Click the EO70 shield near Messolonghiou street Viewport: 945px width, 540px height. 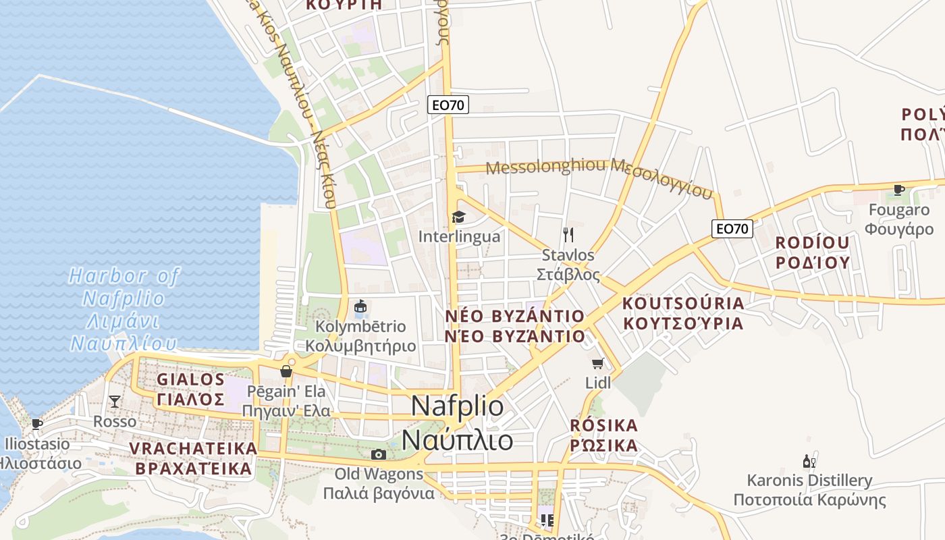(x=448, y=105)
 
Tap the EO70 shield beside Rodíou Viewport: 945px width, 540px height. (x=732, y=229)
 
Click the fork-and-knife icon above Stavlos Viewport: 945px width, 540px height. (x=568, y=235)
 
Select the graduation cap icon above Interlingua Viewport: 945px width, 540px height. (x=459, y=217)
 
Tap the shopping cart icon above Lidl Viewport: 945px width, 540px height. (x=597, y=364)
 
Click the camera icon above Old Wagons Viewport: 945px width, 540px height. (x=379, y=454)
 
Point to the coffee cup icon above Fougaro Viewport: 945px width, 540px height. (x=898, y=190)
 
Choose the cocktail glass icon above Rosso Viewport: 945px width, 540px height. (x=115, y=402)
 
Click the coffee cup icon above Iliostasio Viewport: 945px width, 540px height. (x=37, y=424)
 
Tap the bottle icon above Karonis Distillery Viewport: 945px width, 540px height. (x=809, y=462)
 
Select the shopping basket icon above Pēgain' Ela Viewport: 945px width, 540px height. (x=286, y=371)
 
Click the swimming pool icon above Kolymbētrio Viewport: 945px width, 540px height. (x=360, y=307)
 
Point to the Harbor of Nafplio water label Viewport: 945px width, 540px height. (x=124, y=309)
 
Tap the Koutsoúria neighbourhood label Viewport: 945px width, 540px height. (x=682, y=313)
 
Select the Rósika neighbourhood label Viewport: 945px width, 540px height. (x=603, y=435)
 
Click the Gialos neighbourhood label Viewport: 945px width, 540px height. (x=191, y=389)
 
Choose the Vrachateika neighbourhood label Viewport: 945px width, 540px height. (x=193, y=458)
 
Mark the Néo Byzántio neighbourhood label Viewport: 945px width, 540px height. (x=515, y=326)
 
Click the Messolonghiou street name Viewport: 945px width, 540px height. (x=599, y=174)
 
